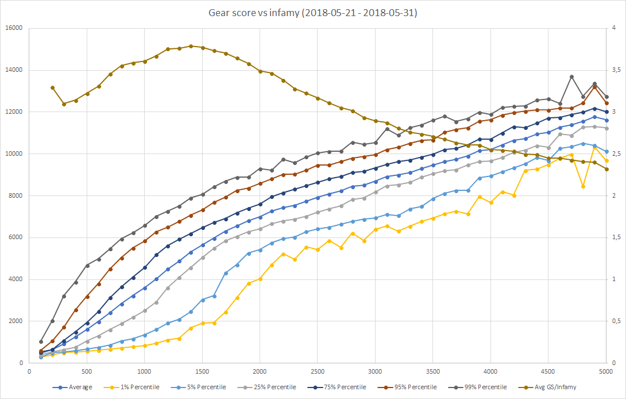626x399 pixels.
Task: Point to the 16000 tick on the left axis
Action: (13, 28)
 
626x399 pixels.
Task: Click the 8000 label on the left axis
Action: (15, 195)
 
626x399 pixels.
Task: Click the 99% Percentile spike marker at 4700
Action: (572, 76)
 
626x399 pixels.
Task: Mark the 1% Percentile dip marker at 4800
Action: (584, 186)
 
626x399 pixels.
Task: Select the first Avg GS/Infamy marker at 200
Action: (53, 87)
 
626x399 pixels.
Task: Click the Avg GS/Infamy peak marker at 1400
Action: (191, 46)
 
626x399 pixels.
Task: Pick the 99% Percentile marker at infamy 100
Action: (41, 342)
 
